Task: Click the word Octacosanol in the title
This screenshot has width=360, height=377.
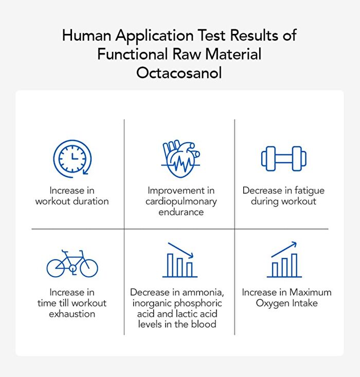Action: [179, 72]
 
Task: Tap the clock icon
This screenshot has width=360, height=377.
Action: [72, 159]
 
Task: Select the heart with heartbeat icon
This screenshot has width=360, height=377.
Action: [181, 159]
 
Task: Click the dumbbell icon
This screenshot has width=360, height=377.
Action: [284, 159]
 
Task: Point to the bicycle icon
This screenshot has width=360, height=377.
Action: [72, 263]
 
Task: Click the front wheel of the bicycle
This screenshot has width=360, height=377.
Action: [89, 268]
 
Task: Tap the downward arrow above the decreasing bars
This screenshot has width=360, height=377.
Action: [181, 250]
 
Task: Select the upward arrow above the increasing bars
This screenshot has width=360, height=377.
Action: [284, 249]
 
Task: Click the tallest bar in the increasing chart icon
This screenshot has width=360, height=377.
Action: [294, 265]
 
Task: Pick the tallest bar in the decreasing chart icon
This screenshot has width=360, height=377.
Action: [170, 265]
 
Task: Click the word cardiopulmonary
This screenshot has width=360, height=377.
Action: [181, 201]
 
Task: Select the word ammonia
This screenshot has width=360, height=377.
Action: [203, 292]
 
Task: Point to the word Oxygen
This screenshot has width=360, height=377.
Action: [273, 304]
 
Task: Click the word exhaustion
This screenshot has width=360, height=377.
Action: [72, 314]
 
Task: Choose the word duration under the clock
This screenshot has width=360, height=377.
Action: [91, 201]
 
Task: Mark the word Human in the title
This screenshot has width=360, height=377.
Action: [86, 35]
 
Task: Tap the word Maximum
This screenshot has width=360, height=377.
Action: [311, 292]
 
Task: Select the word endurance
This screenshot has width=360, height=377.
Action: [181, 212]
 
